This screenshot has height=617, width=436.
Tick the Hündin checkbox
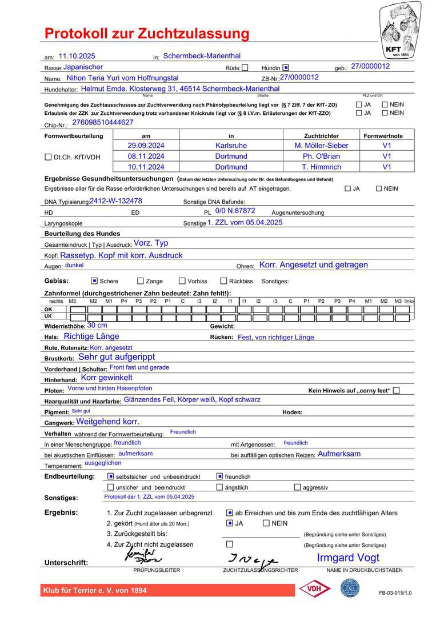click(x=286, y=67)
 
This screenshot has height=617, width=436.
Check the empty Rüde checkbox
click(x=245, y=67)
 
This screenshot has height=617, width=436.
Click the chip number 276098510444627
click(x=103, y=122)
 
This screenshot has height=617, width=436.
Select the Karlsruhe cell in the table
click(x=231, y=146)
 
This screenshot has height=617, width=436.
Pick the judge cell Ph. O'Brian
click(x=321, y=156)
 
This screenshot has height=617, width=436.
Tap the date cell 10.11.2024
click(x=146, y=167)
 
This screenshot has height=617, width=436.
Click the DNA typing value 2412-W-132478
click(x=116, y=201)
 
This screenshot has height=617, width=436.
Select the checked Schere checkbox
click(x=94, y=281)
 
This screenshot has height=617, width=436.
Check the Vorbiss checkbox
click(x=182, y=281)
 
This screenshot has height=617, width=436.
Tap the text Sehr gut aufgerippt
click(x=117, y=357)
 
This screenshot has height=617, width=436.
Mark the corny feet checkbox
click(x=397, y=390)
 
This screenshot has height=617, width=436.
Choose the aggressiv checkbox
click(x=297, y=487)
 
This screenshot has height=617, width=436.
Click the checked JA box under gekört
click(x=230, y=523)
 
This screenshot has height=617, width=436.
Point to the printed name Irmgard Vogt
click(x=348, y=558)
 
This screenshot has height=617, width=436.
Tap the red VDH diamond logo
click(x=315, y=588)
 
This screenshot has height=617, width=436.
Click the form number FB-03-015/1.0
click(x=395, y=593)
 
